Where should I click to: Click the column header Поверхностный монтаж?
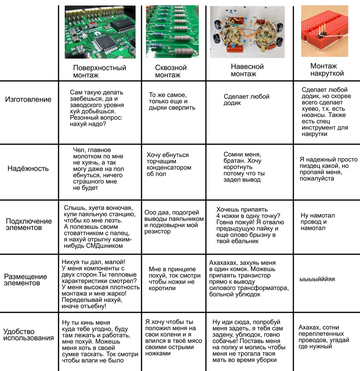[100, 71]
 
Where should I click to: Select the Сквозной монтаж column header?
[171, 71]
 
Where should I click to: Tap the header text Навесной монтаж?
[247, 70]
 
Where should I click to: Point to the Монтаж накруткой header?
[327, 69]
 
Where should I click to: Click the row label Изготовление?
[28, 100]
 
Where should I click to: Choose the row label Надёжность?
[28, 169]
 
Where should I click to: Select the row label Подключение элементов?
[29, 224]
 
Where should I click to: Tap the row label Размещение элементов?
[25, 280]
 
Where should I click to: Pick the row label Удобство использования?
[29, 335]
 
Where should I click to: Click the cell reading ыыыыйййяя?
[317, 279]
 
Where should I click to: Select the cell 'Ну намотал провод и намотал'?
[317, 222]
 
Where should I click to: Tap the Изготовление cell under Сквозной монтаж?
[172, 101]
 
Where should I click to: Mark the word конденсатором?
[169, 168]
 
